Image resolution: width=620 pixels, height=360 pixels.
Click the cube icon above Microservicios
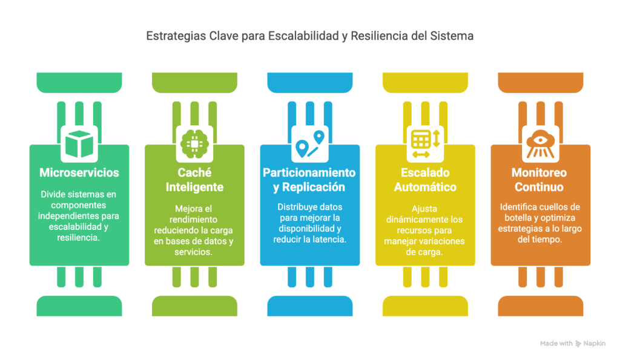pyautogui.click(x=79, y=143)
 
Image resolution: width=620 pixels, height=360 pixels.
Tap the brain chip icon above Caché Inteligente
pyautogui.click(x=194, y=144)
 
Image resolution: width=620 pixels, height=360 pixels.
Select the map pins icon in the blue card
pyautogui.click(x=310, y=144)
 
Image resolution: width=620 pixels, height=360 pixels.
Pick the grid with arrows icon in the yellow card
pyautogui.click(x=426, y=144)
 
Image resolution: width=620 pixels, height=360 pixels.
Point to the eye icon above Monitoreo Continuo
pyautogui.click(x=541, y=144)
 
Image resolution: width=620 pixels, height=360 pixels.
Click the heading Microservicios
pyautogui.click(x=79, y=172)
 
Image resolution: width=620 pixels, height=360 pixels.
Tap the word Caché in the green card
pyautogui.click(x=194, y=172)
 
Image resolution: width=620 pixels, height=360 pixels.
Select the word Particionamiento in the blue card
pyautogui.click(x=309, y=172)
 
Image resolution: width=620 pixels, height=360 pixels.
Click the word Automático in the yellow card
pyautogui.click(x=425, y=187)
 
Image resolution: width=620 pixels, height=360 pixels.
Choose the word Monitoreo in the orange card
pyautogui.click(x=539, y=172)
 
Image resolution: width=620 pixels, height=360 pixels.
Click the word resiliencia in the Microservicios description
pyautogui.click(x=78, y=238)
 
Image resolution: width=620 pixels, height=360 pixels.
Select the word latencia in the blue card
pyautogui.click(x=328, y=240)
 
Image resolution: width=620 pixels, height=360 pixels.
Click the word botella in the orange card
pyautogui.click(x=518, y=218)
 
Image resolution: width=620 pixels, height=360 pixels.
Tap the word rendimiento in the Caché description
pyautogui.click(x=193, y=220)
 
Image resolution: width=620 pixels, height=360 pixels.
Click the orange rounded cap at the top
pyautogui.click(x=541, y=83)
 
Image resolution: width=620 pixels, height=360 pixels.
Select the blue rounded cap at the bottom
pyautogui.click(x=310, y=306)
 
